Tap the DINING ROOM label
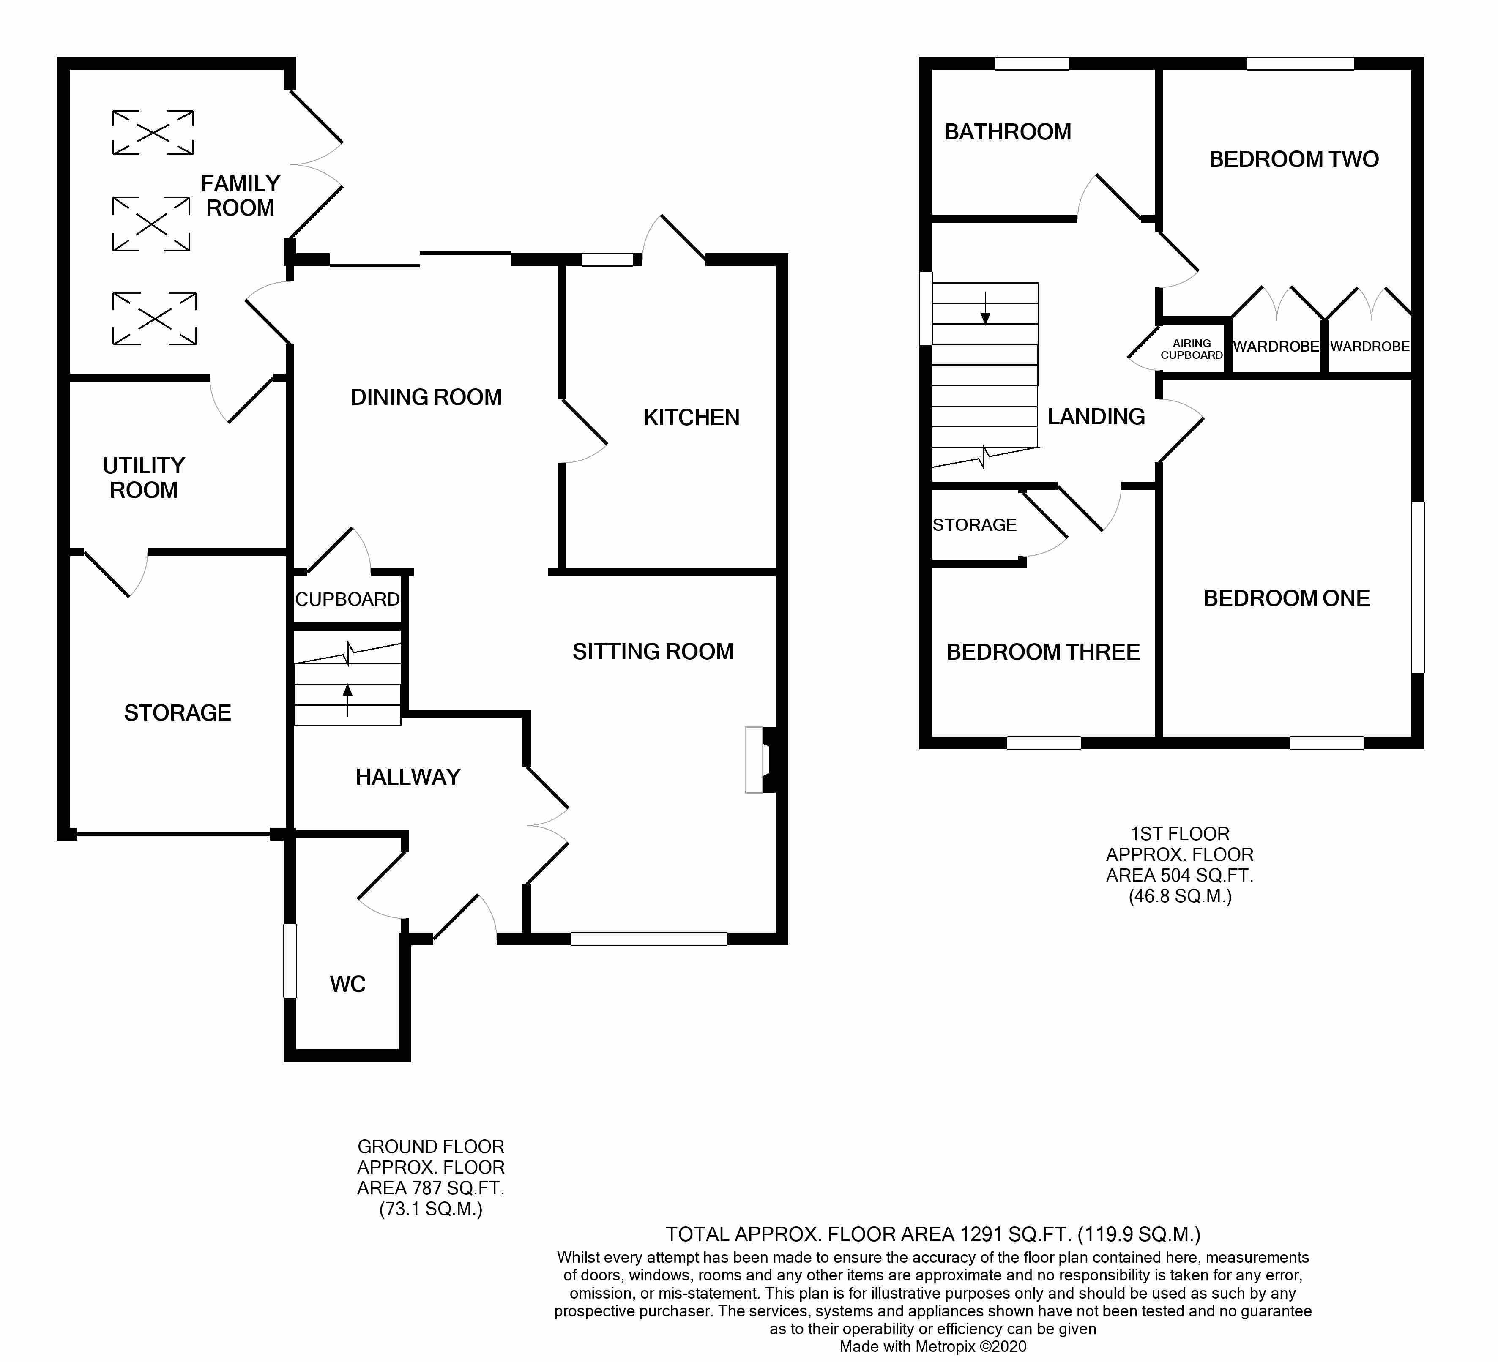tap(426, 398)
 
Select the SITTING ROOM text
tap(652, 652)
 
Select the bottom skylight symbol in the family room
tap(155, 318)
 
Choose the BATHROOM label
tap(1008, 132)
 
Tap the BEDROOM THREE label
tap(1042, 652)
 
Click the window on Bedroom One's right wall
tap(1418, 587)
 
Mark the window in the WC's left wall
tap(290, 960)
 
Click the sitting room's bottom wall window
tap(649, 939)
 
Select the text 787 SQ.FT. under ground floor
tap(431, 1188)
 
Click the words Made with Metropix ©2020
tap(932, 1346)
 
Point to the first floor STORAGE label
tap(974, 525)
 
